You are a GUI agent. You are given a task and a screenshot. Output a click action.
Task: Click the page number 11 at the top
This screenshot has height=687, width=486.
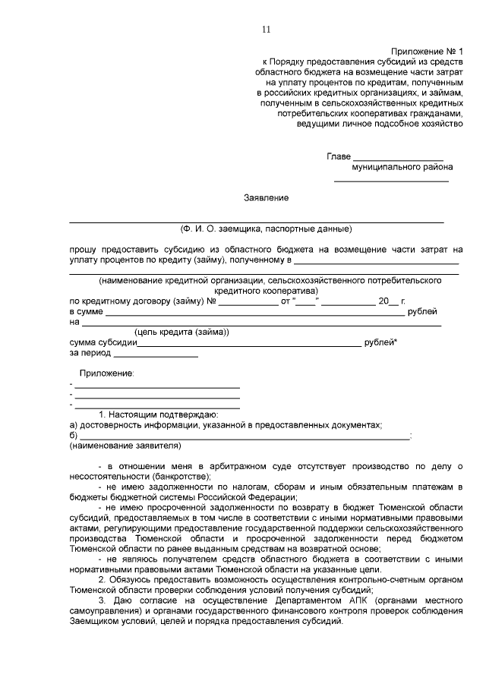[x=267, y=30]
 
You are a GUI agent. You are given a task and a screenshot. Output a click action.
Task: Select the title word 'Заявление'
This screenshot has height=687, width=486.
[x=266, y=198]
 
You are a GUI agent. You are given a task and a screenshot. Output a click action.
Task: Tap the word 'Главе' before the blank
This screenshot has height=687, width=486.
[x=339, y=156]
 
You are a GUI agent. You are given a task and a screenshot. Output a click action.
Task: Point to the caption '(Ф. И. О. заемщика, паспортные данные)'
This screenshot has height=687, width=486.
[x=266, y=228]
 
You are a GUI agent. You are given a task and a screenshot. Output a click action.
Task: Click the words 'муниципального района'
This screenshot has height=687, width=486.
[x=402, y=167]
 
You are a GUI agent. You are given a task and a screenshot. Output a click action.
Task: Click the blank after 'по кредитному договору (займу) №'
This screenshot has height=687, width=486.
[x=248, y=302]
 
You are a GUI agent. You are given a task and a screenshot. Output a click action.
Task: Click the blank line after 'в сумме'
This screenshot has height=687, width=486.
[x=254, y=313]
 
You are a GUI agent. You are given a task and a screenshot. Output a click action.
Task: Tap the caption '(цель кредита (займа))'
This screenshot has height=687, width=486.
[x=181, y=332]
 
